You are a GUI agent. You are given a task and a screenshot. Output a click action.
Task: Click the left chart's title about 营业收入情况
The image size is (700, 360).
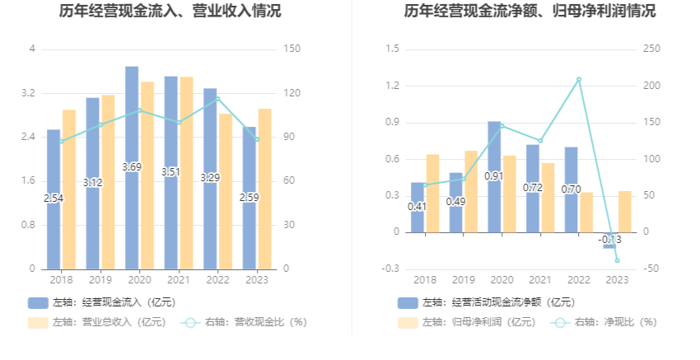[x=170, y=12]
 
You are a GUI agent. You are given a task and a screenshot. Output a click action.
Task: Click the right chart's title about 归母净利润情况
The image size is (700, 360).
[x=530, y=12]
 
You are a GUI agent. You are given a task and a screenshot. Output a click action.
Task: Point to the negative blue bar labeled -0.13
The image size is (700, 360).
[x=609, y=241]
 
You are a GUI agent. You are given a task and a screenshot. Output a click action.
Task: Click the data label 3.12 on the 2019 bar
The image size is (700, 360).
[x=93, y=182]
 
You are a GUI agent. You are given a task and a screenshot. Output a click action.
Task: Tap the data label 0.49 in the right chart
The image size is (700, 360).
[x=455, y=202]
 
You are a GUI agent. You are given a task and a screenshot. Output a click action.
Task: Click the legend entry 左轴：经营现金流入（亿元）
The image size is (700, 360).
[x=102, y=302]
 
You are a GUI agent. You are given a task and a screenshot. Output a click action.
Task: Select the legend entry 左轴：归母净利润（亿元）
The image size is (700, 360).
[x=466, y=322]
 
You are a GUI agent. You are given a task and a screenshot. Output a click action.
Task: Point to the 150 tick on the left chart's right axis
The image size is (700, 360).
[x=290, y=49]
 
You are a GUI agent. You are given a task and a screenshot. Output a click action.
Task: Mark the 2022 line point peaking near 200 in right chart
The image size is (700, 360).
[x=579, y=79]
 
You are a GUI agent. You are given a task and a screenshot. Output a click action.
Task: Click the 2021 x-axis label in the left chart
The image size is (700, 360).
[x=171, y=280]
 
